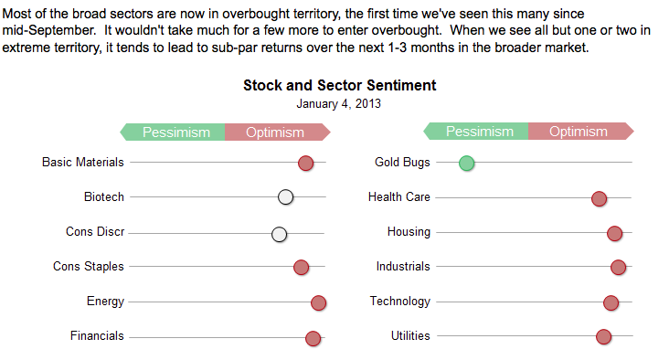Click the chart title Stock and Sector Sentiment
point(339,86)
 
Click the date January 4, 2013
point(339,103)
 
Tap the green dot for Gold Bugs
point(467,164)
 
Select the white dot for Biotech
point(286,197)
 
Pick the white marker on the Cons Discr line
point(280,234)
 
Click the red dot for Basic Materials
point(306,164)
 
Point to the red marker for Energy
point(318,303)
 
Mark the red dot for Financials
point(313,338)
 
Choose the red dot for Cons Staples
point(301,267)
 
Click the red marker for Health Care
point(600,198)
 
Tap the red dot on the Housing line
point(615,233)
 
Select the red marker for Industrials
point(619,267)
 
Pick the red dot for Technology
point(611,302)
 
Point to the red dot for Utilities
point(604,337)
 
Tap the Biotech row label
point(103,196)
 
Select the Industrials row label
point(403,266)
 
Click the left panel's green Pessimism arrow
point(174,132)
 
